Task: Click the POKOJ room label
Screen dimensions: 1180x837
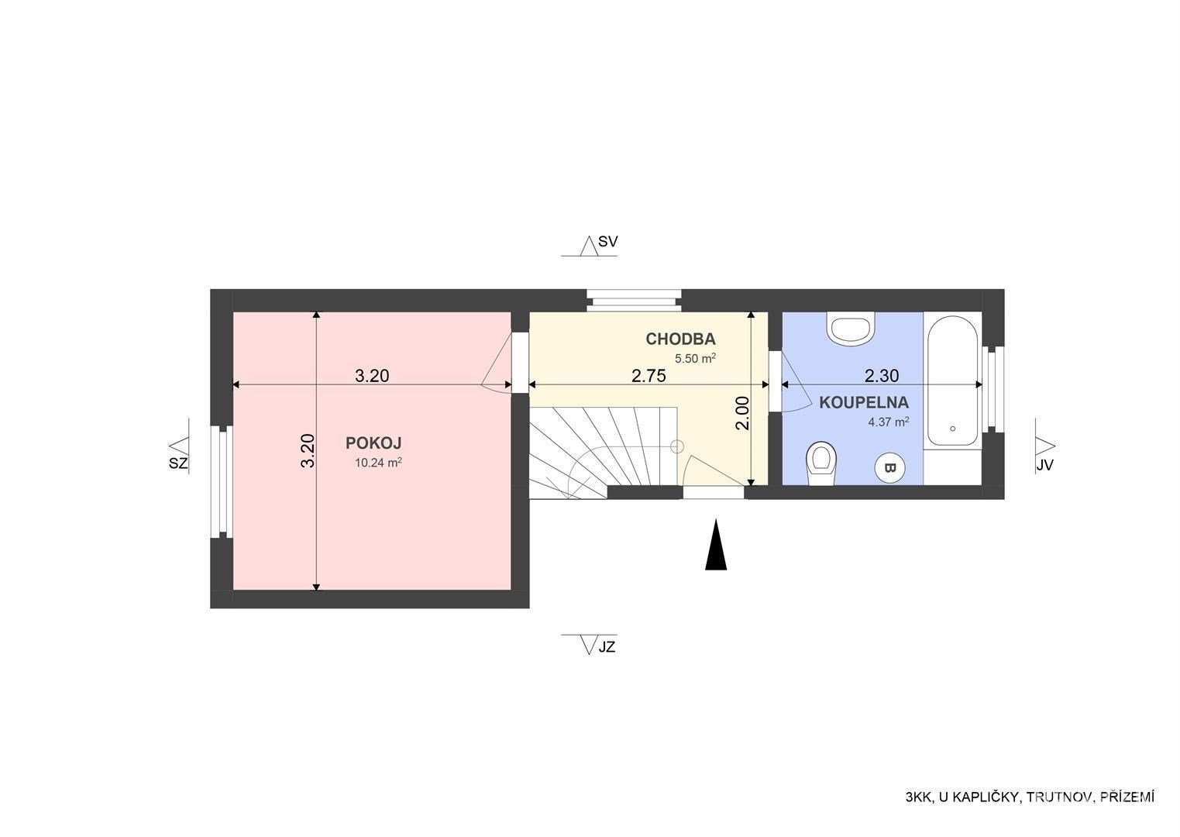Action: click(x=373, y=443)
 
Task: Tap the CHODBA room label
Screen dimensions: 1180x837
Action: click(x=680, y=339)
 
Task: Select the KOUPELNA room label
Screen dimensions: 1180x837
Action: click(x=864, y=403)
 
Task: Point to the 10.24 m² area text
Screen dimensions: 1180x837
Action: click(x=379, y=463)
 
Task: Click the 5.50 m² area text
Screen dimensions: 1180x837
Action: click(x=695, y=358)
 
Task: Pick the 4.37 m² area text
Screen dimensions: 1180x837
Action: click(x=889, y=422)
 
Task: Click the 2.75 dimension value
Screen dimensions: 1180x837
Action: click(x=649, y=376)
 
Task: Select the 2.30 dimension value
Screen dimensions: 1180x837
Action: click(x=882, y=376)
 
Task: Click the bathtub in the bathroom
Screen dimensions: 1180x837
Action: click(x=953, y=381)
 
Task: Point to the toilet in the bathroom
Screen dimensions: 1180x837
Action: click(x=821, y=463)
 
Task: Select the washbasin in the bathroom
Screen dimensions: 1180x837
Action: click(x=851, y=329)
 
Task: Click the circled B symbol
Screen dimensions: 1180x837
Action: click(x=889, y=467)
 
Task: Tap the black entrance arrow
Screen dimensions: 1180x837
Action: click(x=716, y=545)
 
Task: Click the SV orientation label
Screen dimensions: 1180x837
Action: click(x=607, y=242)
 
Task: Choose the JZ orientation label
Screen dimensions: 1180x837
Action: click(x=607, y=646)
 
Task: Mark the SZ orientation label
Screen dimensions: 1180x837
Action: click(x=178, y=463)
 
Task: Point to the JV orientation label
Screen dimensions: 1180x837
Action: click(x=1044, y=466)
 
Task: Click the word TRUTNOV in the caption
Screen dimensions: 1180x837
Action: click(x=1059, y=812)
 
